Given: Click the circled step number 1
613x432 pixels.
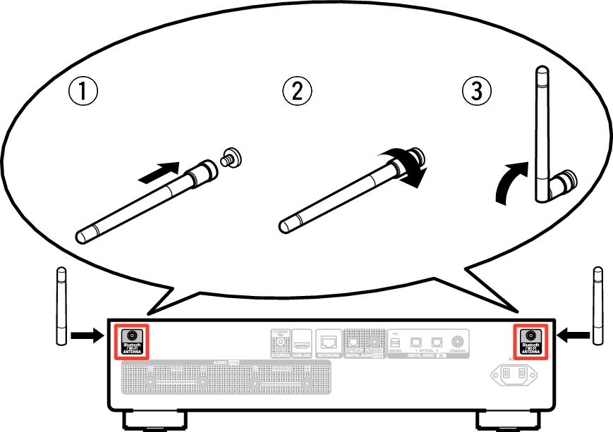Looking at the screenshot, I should (x=83, y=92).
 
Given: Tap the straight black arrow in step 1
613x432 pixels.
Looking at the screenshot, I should (x=158, y=171).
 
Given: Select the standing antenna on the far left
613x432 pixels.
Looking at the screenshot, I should (x=61, y=306).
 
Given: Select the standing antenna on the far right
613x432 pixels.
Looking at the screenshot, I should (x=598, y=306).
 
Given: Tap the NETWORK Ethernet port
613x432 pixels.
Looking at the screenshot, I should (x=328, y=342).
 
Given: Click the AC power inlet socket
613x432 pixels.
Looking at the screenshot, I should (x=514, y=374).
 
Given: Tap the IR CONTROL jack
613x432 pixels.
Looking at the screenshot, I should (x=280, y=342).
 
